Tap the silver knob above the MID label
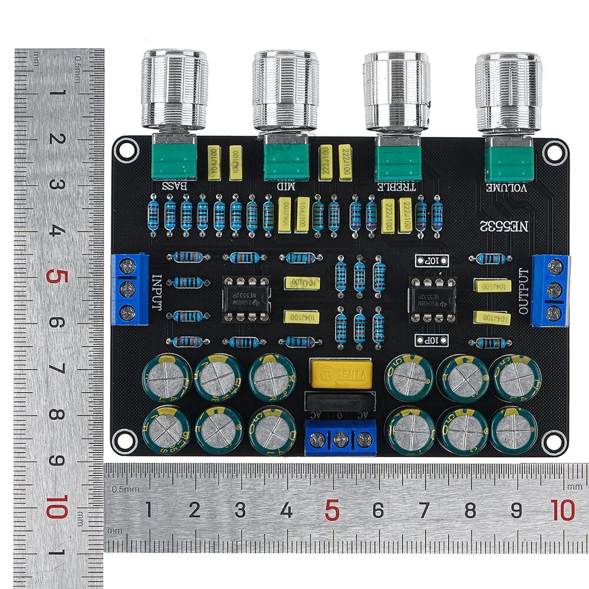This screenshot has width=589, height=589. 286,91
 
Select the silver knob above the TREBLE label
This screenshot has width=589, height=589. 395,91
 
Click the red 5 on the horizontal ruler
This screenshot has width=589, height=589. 332,510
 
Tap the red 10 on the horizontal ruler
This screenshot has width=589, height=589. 563,510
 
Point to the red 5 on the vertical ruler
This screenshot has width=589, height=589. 56,276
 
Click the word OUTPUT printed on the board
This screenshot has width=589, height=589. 524,290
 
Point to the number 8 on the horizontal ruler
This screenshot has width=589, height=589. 470,510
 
